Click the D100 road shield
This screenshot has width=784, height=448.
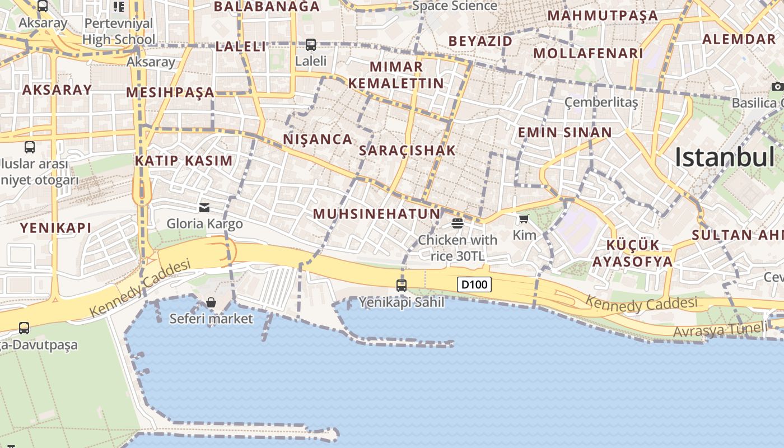tap(474, 284)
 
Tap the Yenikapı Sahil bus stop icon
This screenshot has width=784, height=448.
tap(401, 285)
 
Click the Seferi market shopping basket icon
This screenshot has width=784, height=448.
tap(211, 303)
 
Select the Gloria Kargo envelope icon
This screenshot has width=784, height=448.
tap(204, 208)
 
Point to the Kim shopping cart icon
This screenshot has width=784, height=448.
tap(524, 219)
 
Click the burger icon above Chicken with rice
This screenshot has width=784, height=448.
tap(458, 223)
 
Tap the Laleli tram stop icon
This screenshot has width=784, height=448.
tap(310, 44)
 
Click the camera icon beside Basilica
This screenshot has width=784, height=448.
tap(777, 86)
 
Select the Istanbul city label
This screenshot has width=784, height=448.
tap(725, 157)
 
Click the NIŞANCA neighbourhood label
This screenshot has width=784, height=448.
tap(318, 139)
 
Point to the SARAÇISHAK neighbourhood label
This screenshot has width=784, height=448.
tap(407, 151)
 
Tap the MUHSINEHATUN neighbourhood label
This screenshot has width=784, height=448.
tap(376, 214)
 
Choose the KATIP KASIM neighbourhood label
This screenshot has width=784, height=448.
tap(184, 161)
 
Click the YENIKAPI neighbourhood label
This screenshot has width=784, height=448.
tap(55, 228)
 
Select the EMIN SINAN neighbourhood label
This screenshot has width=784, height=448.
tap(564, 133)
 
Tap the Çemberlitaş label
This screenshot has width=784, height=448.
tap(601, 102)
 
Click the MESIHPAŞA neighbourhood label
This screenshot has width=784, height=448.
tap(170, 92)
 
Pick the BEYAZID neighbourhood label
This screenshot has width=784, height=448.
tap(480, 41)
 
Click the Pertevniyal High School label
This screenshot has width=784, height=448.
tap(119, 31)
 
